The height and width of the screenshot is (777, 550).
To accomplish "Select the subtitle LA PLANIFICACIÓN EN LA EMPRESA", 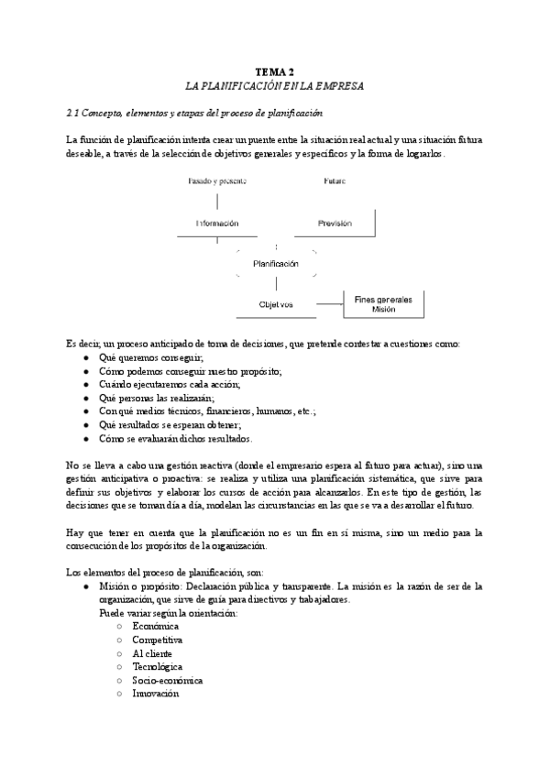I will click(274, 85).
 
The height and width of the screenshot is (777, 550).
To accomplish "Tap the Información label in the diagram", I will click(216, 224).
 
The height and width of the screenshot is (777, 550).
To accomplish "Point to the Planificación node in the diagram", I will click(276, 264).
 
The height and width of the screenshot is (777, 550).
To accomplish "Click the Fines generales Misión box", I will click(383, 304).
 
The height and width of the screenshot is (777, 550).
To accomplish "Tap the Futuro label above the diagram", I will click(335, 181).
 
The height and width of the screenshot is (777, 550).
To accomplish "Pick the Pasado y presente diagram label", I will click(216, 181).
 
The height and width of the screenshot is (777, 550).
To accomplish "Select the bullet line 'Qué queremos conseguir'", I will click(150, 357).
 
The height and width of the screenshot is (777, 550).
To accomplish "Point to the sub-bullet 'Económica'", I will click(155, 626).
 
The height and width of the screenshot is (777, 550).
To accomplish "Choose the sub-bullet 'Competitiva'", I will click(158, 640).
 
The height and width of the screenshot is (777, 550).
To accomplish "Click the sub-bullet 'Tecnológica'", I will click(158, 667).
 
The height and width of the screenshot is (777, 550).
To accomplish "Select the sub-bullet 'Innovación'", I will click(155, 695).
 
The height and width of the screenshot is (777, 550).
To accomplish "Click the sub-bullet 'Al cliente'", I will click(152, 653).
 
